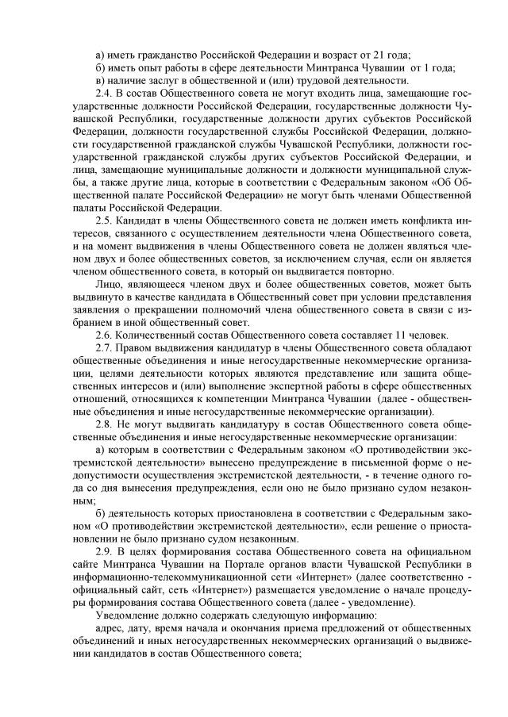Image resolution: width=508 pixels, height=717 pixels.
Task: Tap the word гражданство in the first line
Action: coord(169,55)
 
